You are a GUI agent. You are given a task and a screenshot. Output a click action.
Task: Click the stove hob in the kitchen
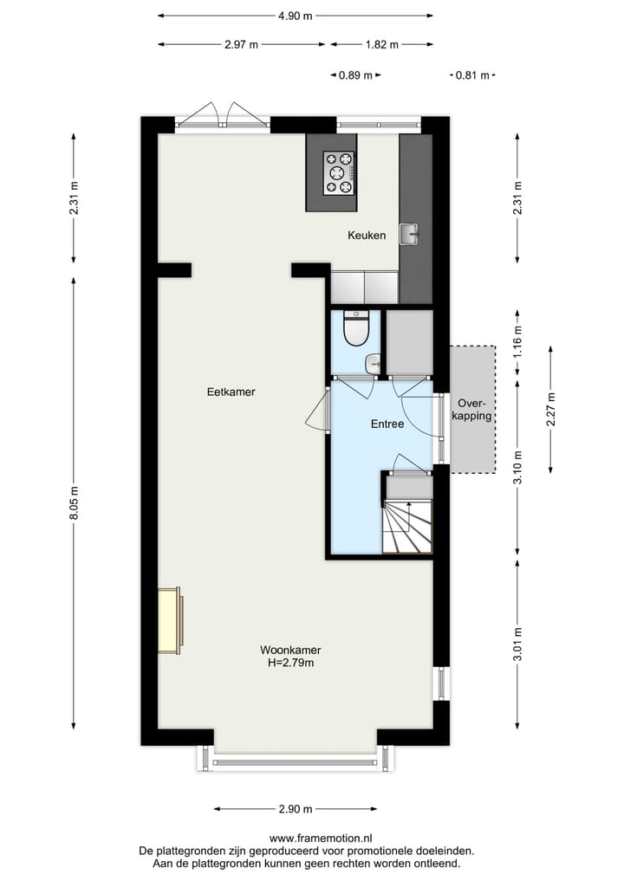[x=339, y=172]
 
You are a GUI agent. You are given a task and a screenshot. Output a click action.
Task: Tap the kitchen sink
[x=409, y=233]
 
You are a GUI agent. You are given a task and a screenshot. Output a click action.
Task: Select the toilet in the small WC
[x=355, y=327]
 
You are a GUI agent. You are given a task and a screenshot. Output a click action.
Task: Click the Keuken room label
[x=367, y=235]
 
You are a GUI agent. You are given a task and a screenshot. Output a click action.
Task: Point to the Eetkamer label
[x=231, y=392]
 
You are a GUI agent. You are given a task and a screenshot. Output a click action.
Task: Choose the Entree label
[x=387, y=424]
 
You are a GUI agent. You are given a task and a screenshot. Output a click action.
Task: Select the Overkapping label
[x=474, y=410]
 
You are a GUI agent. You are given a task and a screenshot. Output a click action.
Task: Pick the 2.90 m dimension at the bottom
[x=295, y=809]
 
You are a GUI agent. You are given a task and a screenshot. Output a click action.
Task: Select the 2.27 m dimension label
[x=551, y=408]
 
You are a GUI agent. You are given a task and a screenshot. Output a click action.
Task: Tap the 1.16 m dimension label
[x=518, y=342]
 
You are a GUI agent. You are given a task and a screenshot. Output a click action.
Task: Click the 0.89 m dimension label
[x=355, y=75]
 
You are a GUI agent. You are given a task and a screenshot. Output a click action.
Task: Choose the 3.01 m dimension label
[x=518, y=644]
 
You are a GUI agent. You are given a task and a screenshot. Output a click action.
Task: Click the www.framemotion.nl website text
[x=321, y=839]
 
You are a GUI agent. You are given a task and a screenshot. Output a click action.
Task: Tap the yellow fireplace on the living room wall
[x=171, y=620]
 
